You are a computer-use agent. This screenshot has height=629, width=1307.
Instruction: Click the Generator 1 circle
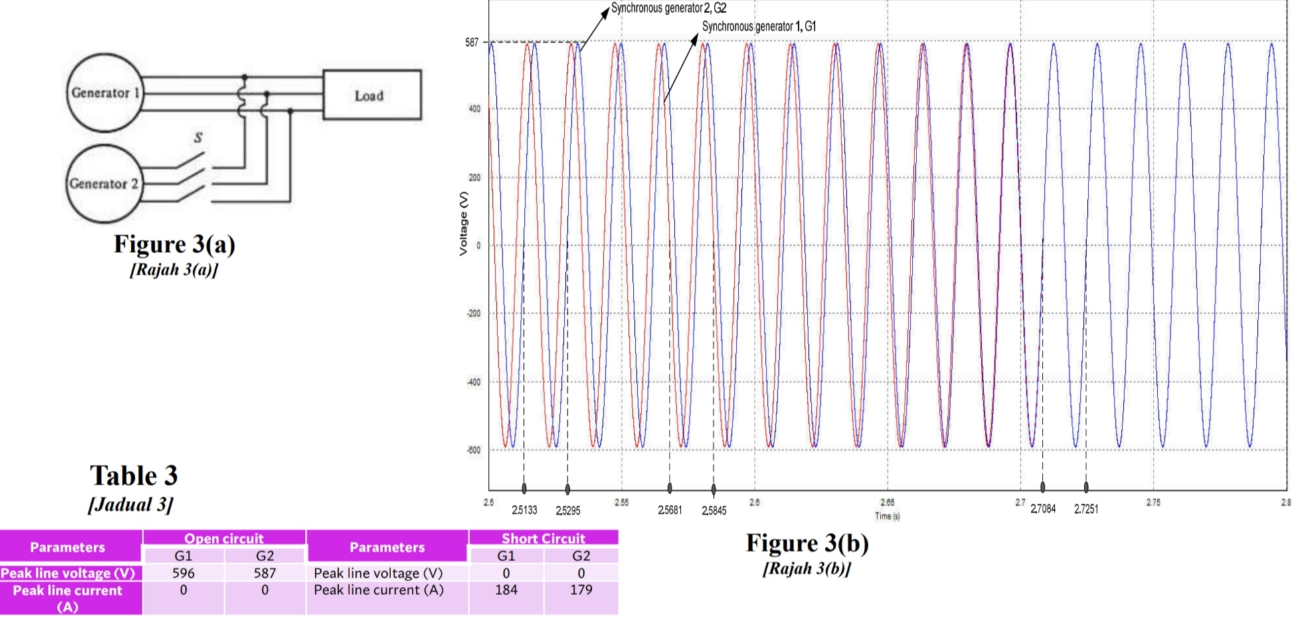pyautogui.click(x=104, y=93)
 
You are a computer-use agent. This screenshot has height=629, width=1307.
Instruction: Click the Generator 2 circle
pyautogui.click(x=104, y=183)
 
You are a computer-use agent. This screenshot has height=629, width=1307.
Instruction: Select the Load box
pyautogui.click(x=371, y=95)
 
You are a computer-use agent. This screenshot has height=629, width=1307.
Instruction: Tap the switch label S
pyautogui.click(x=198, y=137)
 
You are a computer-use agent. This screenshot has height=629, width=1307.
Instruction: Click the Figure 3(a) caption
pyautogui.click(x=174, y=244)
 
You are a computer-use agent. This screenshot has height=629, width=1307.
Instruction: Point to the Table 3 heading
pyautogui.click(x=133, y=476)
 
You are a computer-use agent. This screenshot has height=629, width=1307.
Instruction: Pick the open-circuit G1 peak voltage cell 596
pyautogui.click(x=183, y=573)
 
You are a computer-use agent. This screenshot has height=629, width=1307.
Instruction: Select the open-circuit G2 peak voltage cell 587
pyautogui.click(x=264, y=573)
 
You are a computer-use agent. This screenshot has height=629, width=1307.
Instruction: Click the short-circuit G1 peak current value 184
pyautogui.click(x=506, y=590)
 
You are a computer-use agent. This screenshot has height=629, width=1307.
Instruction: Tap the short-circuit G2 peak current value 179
pyautogui.click(x=581, y=590)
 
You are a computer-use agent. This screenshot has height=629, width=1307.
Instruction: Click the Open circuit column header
pyautogui.click(x=224, y=538)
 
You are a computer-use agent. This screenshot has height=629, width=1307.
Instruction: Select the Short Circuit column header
pyautogui.click(x=543, y=538)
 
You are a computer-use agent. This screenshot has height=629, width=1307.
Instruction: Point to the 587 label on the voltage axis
pyautogui.click(x=472, y=43)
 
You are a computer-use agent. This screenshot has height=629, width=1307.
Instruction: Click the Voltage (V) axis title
pyautogui.click(x=464, y=223)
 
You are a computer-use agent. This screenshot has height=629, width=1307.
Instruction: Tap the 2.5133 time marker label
pyautogui.click(x=524, y=510)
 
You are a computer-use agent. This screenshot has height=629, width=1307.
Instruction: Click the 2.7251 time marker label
pyautogui.click(x=1086, y=509)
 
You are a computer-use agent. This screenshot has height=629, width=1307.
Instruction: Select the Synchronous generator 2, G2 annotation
pyautogui.click(x=668, y=8)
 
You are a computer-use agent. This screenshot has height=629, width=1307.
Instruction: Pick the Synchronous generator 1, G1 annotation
pyautogui.click(x=758, y=27)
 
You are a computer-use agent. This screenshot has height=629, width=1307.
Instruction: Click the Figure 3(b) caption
pyautogui.click(x=807, y=543)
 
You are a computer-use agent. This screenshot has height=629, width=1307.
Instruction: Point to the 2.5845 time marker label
pyautogui.click(x=714, y=511)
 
